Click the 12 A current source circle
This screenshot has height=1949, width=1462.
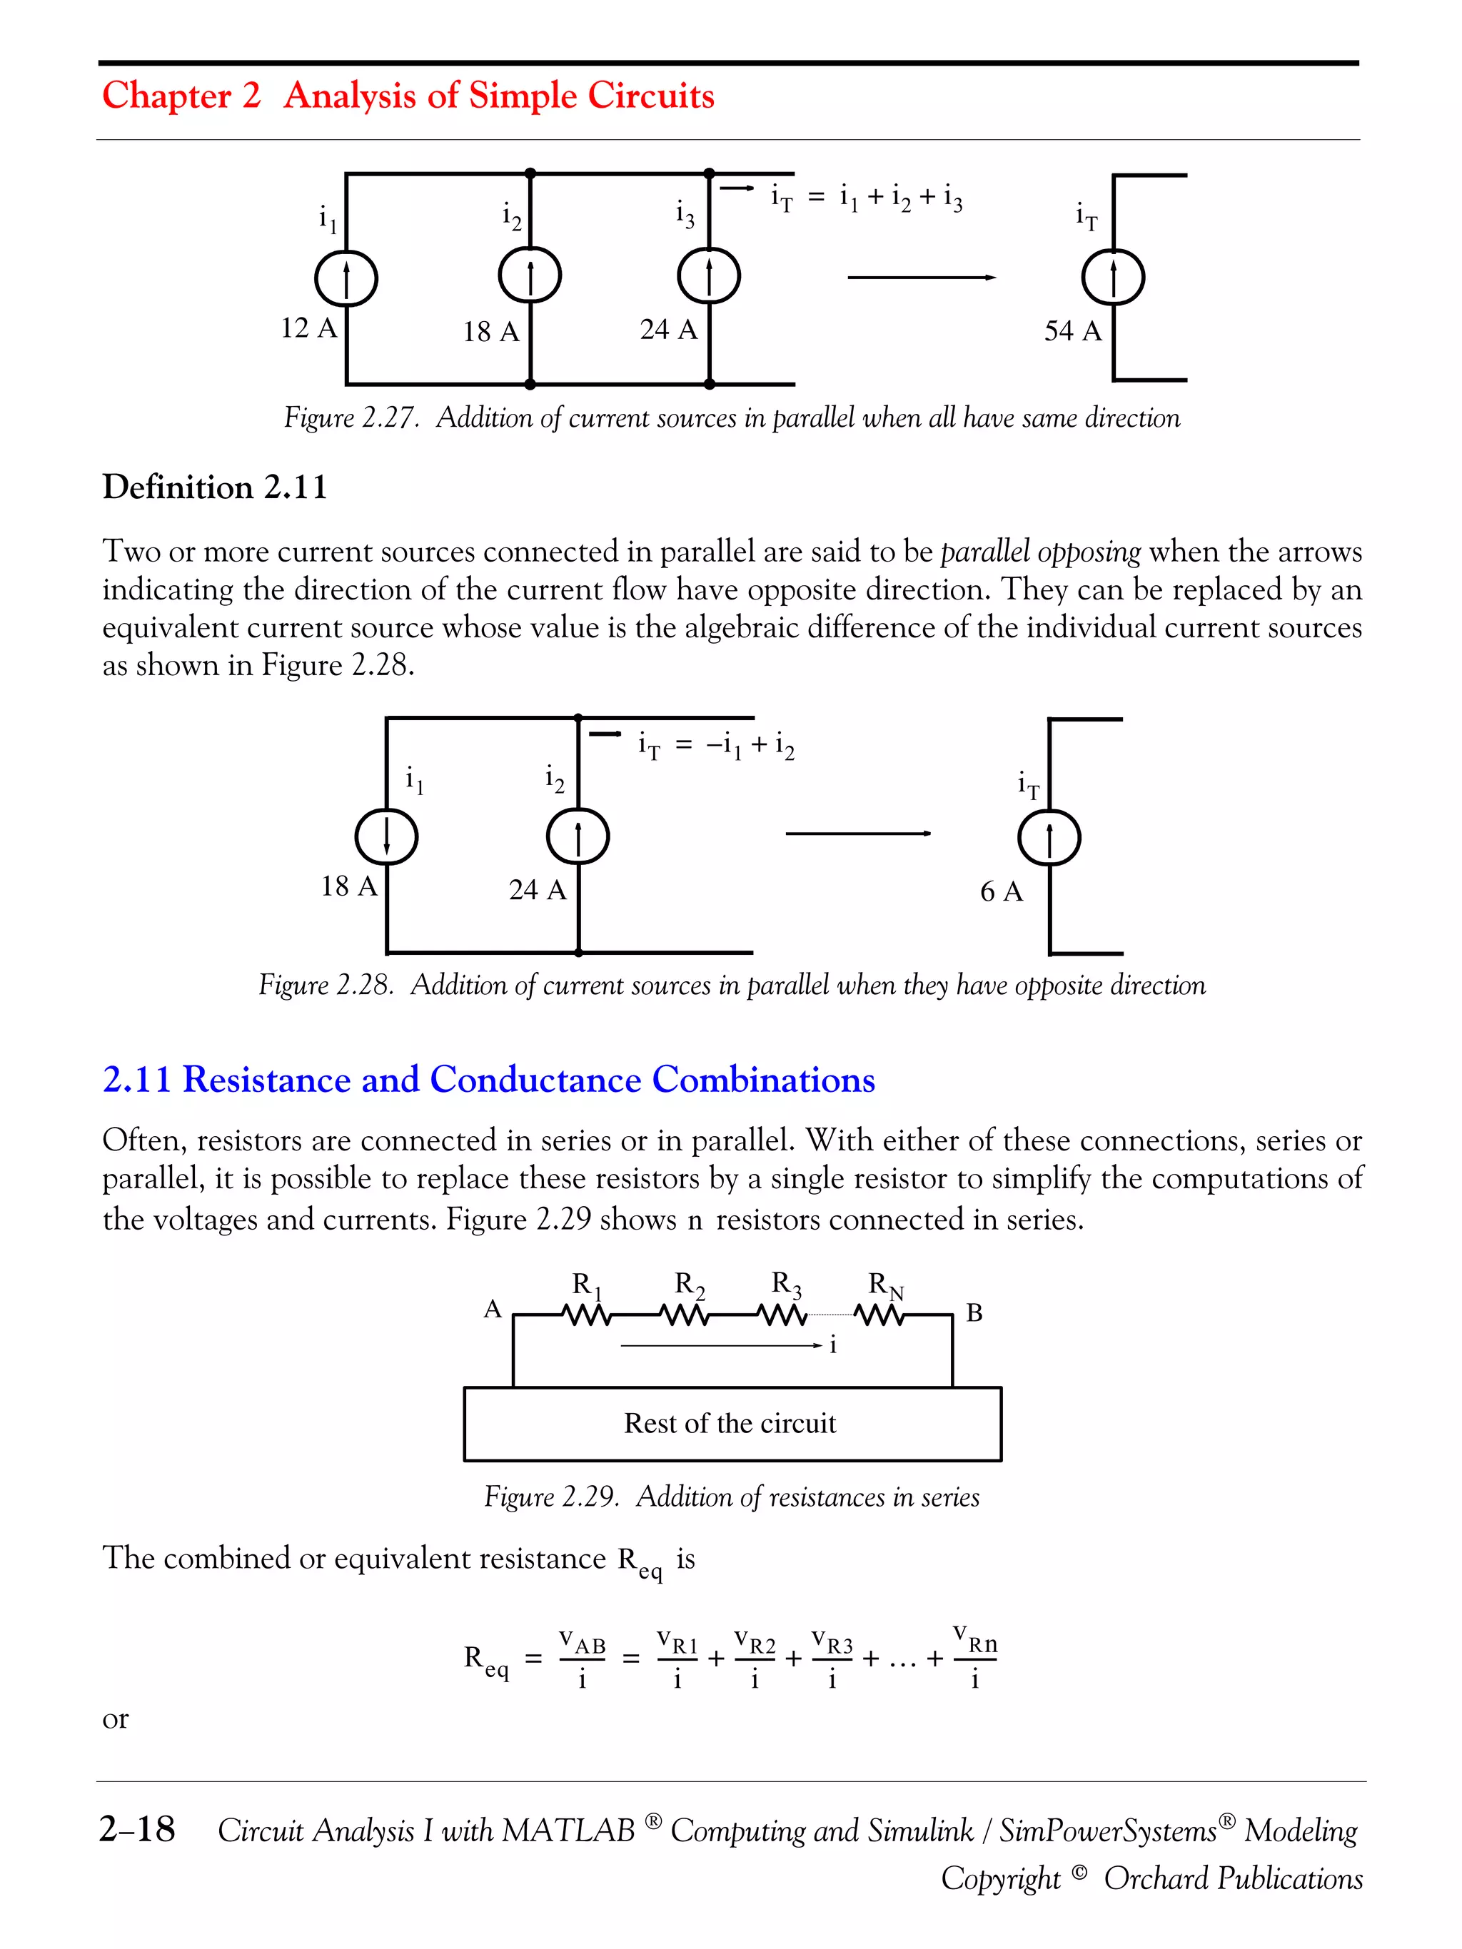346,279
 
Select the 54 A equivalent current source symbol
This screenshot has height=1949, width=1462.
1113,278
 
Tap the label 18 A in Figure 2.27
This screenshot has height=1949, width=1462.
491,332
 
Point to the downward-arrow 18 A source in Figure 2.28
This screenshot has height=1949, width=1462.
386,836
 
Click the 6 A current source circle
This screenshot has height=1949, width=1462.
1049,837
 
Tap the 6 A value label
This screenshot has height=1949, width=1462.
1001,891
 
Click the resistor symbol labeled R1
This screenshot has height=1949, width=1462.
587,1315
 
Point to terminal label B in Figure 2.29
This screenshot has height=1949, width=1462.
974,1313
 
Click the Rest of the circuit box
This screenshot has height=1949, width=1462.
732,1423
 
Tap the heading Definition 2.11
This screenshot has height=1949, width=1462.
214,487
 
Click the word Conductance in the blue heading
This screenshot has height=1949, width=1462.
535,1079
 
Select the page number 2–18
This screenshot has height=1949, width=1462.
136,1829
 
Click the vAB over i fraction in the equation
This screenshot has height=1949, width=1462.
582,1659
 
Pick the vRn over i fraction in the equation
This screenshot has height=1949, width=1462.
974,1659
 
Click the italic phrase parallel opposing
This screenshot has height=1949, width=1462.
1040,552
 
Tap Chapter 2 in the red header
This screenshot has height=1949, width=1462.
181,95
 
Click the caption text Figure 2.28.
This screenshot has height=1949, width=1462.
326,984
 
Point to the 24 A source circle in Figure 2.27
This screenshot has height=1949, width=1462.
709,277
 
